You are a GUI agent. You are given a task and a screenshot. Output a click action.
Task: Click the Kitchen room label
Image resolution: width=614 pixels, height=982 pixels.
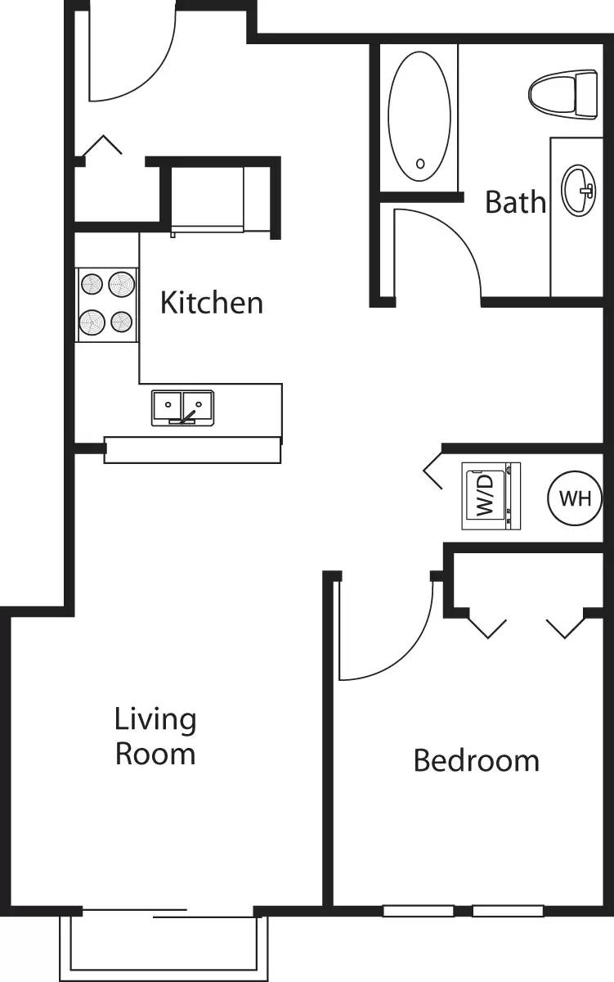coord(212,303)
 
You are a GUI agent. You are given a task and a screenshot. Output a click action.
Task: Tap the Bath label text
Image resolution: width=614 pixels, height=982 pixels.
coord(515,201)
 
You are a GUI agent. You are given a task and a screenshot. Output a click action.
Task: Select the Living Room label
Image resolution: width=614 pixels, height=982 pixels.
coord(155,736)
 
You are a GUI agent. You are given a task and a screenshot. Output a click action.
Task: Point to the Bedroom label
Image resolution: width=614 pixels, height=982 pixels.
coord(476,760)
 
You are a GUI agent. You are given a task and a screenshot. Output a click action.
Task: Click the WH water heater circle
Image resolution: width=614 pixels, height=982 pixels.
coord(575,499)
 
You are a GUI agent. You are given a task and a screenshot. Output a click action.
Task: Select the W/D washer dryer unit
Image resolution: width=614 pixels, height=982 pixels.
coord(491,496)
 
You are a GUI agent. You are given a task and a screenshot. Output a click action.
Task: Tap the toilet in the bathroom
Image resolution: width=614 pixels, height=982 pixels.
coord(564,94)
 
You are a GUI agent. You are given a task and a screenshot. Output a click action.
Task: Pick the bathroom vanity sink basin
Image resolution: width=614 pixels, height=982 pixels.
coord(578,191)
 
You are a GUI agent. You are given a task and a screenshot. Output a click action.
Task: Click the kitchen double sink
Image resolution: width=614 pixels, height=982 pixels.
coord(182,407)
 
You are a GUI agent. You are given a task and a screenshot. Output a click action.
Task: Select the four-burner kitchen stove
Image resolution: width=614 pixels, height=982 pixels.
coord(107,305)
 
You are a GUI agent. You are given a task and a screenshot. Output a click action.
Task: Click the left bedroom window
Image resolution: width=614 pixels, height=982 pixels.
coord(419,911)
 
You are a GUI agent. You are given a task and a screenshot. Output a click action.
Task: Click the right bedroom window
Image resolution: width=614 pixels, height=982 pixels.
coord(508,911)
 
